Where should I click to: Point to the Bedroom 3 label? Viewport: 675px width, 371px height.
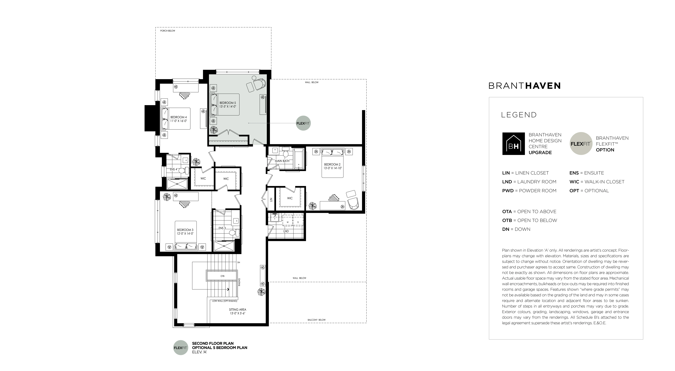point(185,230)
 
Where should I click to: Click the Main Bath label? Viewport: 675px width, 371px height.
point(282,161)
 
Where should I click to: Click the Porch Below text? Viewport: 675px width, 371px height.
point(168,31)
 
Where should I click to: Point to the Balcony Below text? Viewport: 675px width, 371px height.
point(317,320)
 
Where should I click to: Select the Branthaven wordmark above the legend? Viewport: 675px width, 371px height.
point(524,86)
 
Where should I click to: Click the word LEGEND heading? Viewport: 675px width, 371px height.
point(519,115)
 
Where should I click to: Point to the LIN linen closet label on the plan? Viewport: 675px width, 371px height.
point(271,199)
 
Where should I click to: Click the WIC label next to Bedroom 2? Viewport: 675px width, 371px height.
point(290,198)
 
